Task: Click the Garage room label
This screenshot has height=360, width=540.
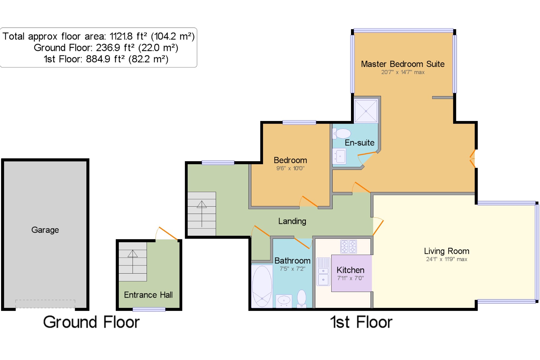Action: pyautogui.click(x=45, y=230)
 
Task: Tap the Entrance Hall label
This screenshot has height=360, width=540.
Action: pyautogui.click(x=148, y=295)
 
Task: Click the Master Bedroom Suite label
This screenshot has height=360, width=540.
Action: pyautogui.click(x=403, y=64)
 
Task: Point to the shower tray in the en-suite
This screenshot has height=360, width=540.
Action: pyautogui.click(x=366, y=111)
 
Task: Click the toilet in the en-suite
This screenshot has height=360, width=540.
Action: pyautogui.click(x=342, y=133)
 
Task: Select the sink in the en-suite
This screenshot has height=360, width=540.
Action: pyautogui.click(x=339, y=156)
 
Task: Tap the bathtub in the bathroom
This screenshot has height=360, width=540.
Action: pyautogui.click(x=262, y=286)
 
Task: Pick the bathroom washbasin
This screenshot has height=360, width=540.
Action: pyautogui.click(x=284, y=301)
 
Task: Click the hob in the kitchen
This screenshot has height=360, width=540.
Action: pyautogui.click(x=349, y=247)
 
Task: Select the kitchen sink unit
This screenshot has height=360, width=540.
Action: pyautogui.click(x=323, y=272)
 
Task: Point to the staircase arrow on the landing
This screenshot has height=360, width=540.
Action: pyautogui.click(x=202, y=214)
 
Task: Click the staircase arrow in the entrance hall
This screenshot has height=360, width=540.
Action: pyautogui.click(x=133, y=262)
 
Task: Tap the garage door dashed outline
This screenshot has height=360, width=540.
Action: pyautogui.click(x=45, y=304)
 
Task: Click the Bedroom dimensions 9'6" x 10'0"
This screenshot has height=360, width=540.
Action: pyautogui.click(x=290, y=168)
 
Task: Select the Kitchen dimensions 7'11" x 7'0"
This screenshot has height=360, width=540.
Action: pyautogui.click(x=350, y=278)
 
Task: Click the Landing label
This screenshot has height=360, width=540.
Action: pyautogui.click(x=292, y=221)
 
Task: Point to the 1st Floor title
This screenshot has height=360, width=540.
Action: pyautogui.click(x=361, y=322)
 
